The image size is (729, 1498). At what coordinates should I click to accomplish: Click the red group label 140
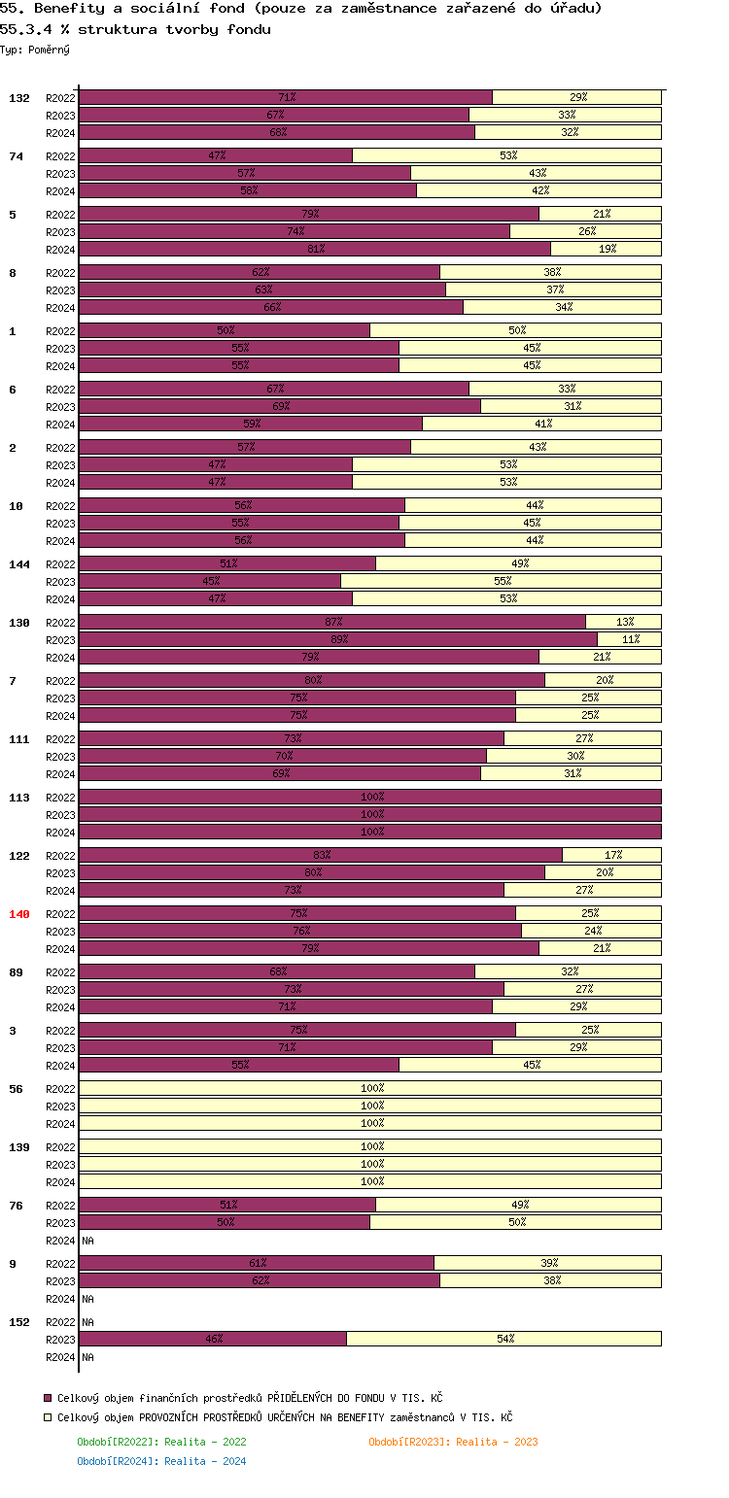pos(19,914)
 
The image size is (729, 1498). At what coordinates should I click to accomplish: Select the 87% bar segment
pos(332,622)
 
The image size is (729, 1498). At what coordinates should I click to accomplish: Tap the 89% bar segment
pos(338,639)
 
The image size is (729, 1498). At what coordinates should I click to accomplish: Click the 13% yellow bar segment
pos(623,622)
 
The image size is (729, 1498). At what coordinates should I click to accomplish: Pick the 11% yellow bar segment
pos(629,639)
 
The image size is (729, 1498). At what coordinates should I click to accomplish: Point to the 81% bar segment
pos(315,249)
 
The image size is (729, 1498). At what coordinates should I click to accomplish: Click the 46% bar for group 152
pos(213,1339)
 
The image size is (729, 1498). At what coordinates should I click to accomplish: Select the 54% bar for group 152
pos(503,1339)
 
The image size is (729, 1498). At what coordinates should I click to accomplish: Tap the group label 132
pos(19,98)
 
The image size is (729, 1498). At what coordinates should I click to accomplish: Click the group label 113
pos(19,798)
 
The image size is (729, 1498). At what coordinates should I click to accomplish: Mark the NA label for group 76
pos(87,1241)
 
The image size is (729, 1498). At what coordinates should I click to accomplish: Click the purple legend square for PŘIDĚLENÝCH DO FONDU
pos(48,1398)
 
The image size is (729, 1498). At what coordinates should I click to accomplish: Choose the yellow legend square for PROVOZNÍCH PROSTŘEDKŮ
pos(48,1418)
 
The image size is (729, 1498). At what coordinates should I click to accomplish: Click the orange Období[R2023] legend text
pos(453,1442)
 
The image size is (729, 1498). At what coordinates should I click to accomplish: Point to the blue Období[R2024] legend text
pos(161,1461)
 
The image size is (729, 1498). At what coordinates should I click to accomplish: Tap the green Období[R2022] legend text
pos(161,1442)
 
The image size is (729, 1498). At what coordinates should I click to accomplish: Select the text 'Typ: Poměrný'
pos(35,50)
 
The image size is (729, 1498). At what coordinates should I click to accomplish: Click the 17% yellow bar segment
pos(611,855)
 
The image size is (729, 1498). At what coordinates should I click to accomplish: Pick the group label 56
pos(16,1089)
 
